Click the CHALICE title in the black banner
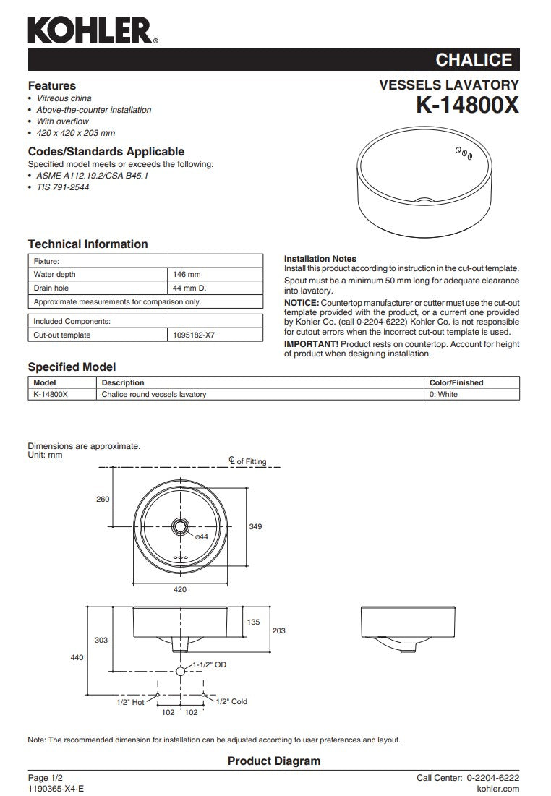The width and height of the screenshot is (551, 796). pos(474,60)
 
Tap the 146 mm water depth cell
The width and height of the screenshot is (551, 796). pos(187,275)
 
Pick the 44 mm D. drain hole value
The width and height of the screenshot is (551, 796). pos(189,288)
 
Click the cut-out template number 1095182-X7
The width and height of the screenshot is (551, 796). pos(194,335)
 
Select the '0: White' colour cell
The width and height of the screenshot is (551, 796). pos(443,395)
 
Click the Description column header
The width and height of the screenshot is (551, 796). pos(123,382)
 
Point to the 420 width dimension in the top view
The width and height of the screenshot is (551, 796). pos(180,590)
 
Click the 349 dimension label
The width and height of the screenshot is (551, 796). pos(255,527)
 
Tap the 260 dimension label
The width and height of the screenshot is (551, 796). pos(103,499)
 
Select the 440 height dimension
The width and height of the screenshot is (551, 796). pos(77,657)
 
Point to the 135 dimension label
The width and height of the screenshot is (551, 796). pos(254,622)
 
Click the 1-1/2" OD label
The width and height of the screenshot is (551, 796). pos(210,664)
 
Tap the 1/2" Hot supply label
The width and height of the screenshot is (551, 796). pos(130,701)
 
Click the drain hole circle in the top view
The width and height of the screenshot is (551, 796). pos(180,526)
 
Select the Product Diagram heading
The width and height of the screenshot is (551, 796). pos(273,761)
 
